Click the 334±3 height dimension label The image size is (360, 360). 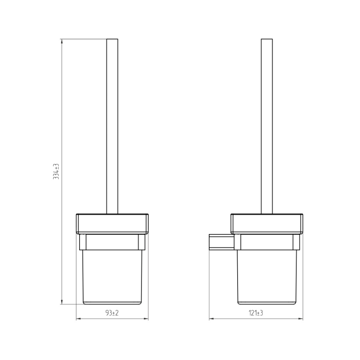pos(56,172)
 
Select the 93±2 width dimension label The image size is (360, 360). pos(112,313)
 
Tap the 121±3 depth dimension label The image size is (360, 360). pos(256,313)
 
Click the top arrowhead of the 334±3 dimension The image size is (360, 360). pos(62,41)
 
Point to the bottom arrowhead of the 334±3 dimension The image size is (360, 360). pos(62,302)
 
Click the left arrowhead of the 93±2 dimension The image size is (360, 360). pos(78,319)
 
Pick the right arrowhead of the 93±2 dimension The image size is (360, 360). pos(146,319)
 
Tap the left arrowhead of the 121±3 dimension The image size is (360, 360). pos(211,319)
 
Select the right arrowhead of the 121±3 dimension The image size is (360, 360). pos(300,319)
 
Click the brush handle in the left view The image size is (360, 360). pos(112,126)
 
